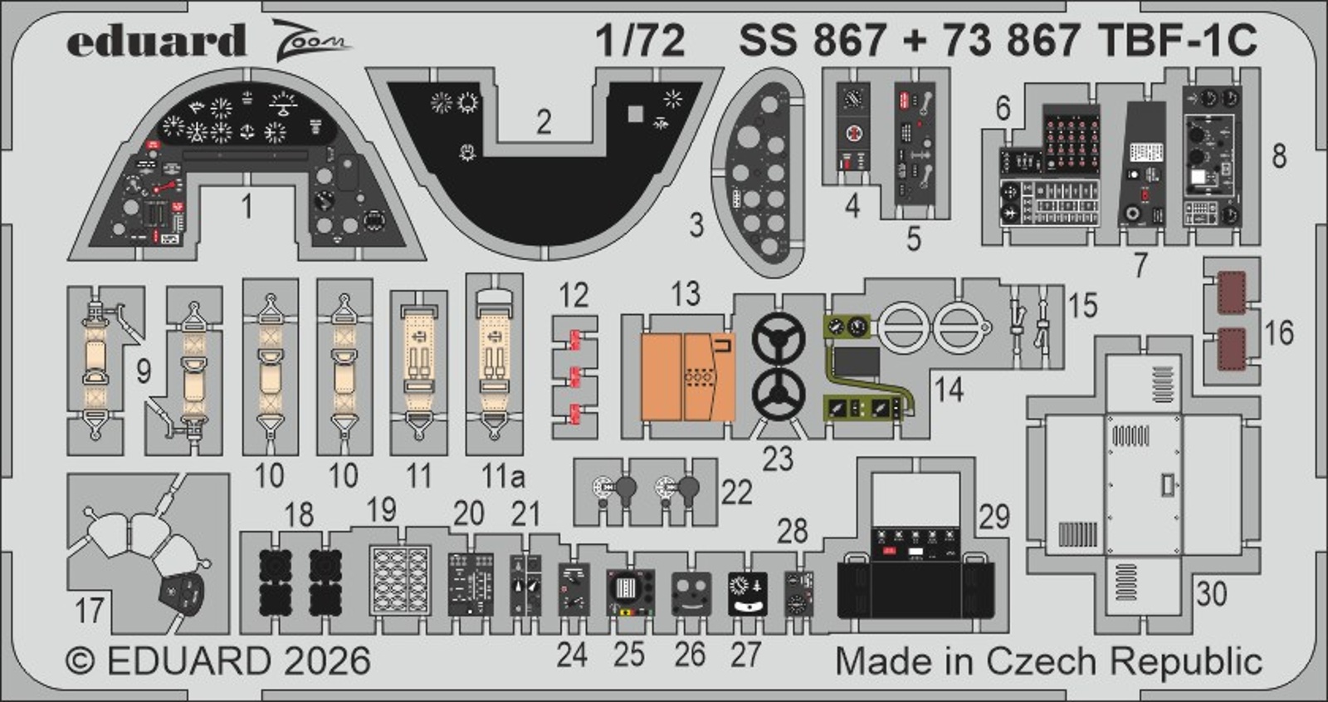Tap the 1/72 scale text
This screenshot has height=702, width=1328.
coord(640,41)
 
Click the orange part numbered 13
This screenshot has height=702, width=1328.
coord(687,376)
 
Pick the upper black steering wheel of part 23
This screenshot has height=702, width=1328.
coord(779,339)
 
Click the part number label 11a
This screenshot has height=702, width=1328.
coord(503,476)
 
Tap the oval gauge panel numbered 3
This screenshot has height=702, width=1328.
coord(759,173)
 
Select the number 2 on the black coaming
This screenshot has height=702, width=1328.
coord(544,122)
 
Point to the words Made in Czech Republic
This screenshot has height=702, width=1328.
coord(1048,661)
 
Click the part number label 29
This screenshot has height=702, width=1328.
coord(994,517)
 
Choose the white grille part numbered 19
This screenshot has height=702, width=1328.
coord(399,579)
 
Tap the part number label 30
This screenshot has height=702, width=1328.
coord(1211,593)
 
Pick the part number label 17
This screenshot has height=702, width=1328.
coord(90,611)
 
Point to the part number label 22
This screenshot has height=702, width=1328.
coord(736,492)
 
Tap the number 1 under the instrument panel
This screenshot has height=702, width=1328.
coord(247,206)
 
